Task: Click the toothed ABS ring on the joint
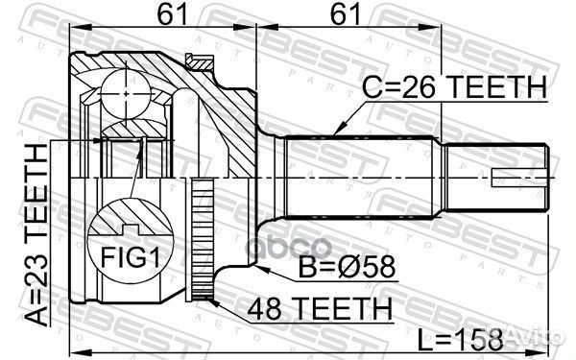pyautogui.click(x=201, y=240)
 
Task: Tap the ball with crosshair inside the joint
pyautogui.click(x=125, y=92)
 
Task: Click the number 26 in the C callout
pyautogui.click(x=420, y=88)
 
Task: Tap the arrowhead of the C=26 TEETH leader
pyautogui.click(x=335, y=132)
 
